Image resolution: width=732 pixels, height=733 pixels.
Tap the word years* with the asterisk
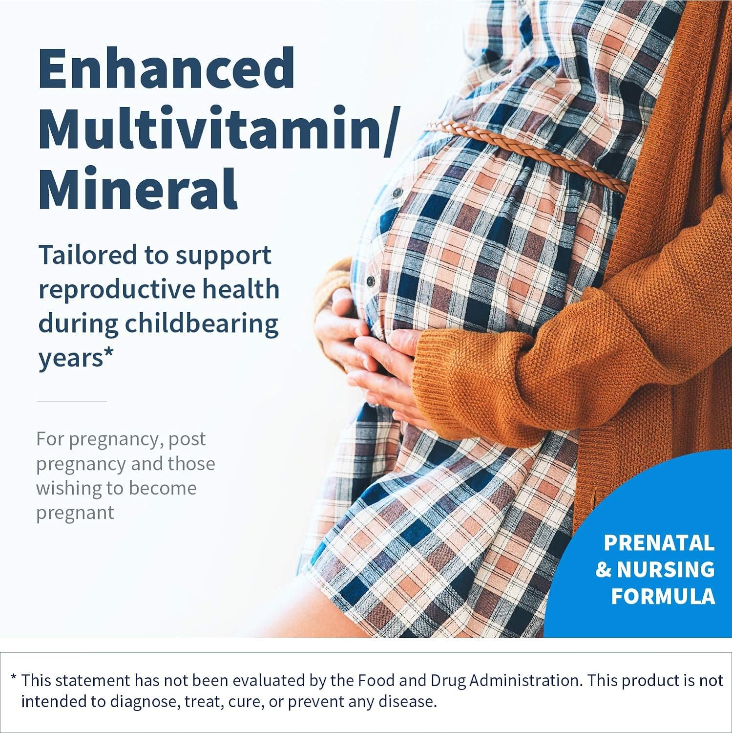[x=76, y=358]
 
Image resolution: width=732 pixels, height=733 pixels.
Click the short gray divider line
[x=72, y=401]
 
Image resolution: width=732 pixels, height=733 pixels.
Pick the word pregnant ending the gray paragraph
[x=75, y=513]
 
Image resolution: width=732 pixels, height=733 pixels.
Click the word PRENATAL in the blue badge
[x=659, y=543]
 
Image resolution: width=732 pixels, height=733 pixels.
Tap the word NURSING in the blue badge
[x=666, y=570]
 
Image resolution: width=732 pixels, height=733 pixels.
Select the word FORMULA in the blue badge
[x=663, y=596]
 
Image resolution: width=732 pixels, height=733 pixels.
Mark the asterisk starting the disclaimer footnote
[x=14, y=679]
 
